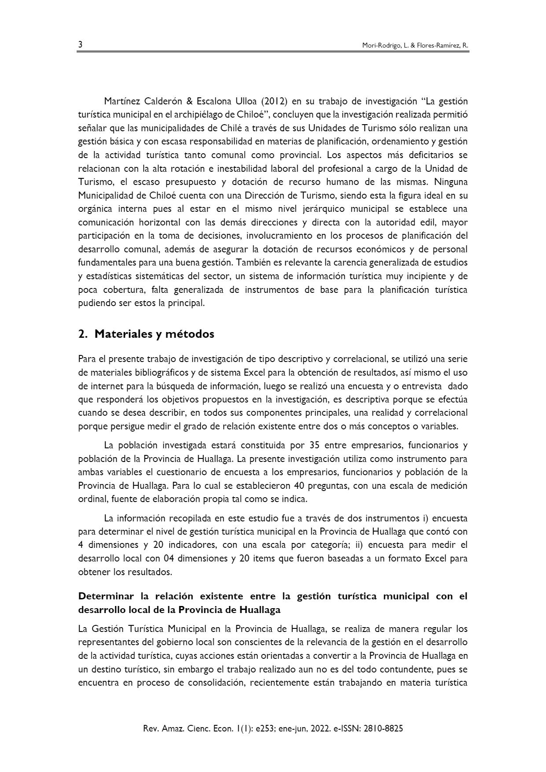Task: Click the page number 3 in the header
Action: (x=80, y=45)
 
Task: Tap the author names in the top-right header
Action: (x=415, y=46)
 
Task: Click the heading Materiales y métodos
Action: (x=154, y=334)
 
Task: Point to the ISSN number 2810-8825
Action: (x=382, y=728)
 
